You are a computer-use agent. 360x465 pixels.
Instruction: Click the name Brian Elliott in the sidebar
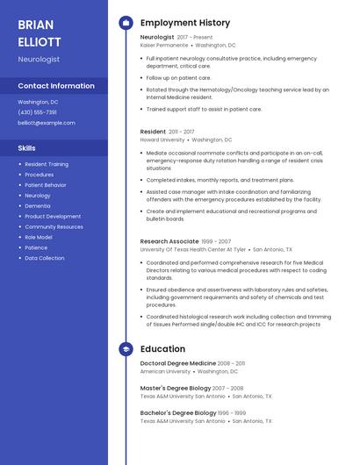[40, 33]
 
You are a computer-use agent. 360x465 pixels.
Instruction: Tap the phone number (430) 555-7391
[38, 112]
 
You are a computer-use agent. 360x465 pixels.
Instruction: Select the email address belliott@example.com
[47, 123]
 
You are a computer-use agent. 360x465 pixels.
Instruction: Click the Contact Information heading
[56, 86]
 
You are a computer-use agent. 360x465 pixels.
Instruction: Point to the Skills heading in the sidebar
[27, 148]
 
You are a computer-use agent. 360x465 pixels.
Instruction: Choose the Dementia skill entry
[38, 205]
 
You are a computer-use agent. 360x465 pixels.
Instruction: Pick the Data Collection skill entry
[45, 258]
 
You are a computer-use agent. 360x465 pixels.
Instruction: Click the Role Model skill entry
[39, 237]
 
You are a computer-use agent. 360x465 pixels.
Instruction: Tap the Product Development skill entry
[53, 216]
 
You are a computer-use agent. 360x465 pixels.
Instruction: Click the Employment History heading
[185, 23]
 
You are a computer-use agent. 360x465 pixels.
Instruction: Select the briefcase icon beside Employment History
[126, 23]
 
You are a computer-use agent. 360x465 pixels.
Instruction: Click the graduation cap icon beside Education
[126, 349]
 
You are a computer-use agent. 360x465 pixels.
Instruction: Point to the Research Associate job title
[169, 240]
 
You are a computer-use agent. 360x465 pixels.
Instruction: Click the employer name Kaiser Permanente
[164, 45]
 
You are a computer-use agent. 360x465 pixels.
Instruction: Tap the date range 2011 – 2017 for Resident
[182, 132]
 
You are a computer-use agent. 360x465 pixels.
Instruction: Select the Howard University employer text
[162, 139]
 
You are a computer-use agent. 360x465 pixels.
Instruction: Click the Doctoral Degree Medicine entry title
[178, 363]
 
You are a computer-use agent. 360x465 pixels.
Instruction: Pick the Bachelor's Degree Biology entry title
[178, 412]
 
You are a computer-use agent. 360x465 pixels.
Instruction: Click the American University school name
[165, 371]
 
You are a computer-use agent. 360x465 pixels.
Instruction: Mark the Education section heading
[162, 349]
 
